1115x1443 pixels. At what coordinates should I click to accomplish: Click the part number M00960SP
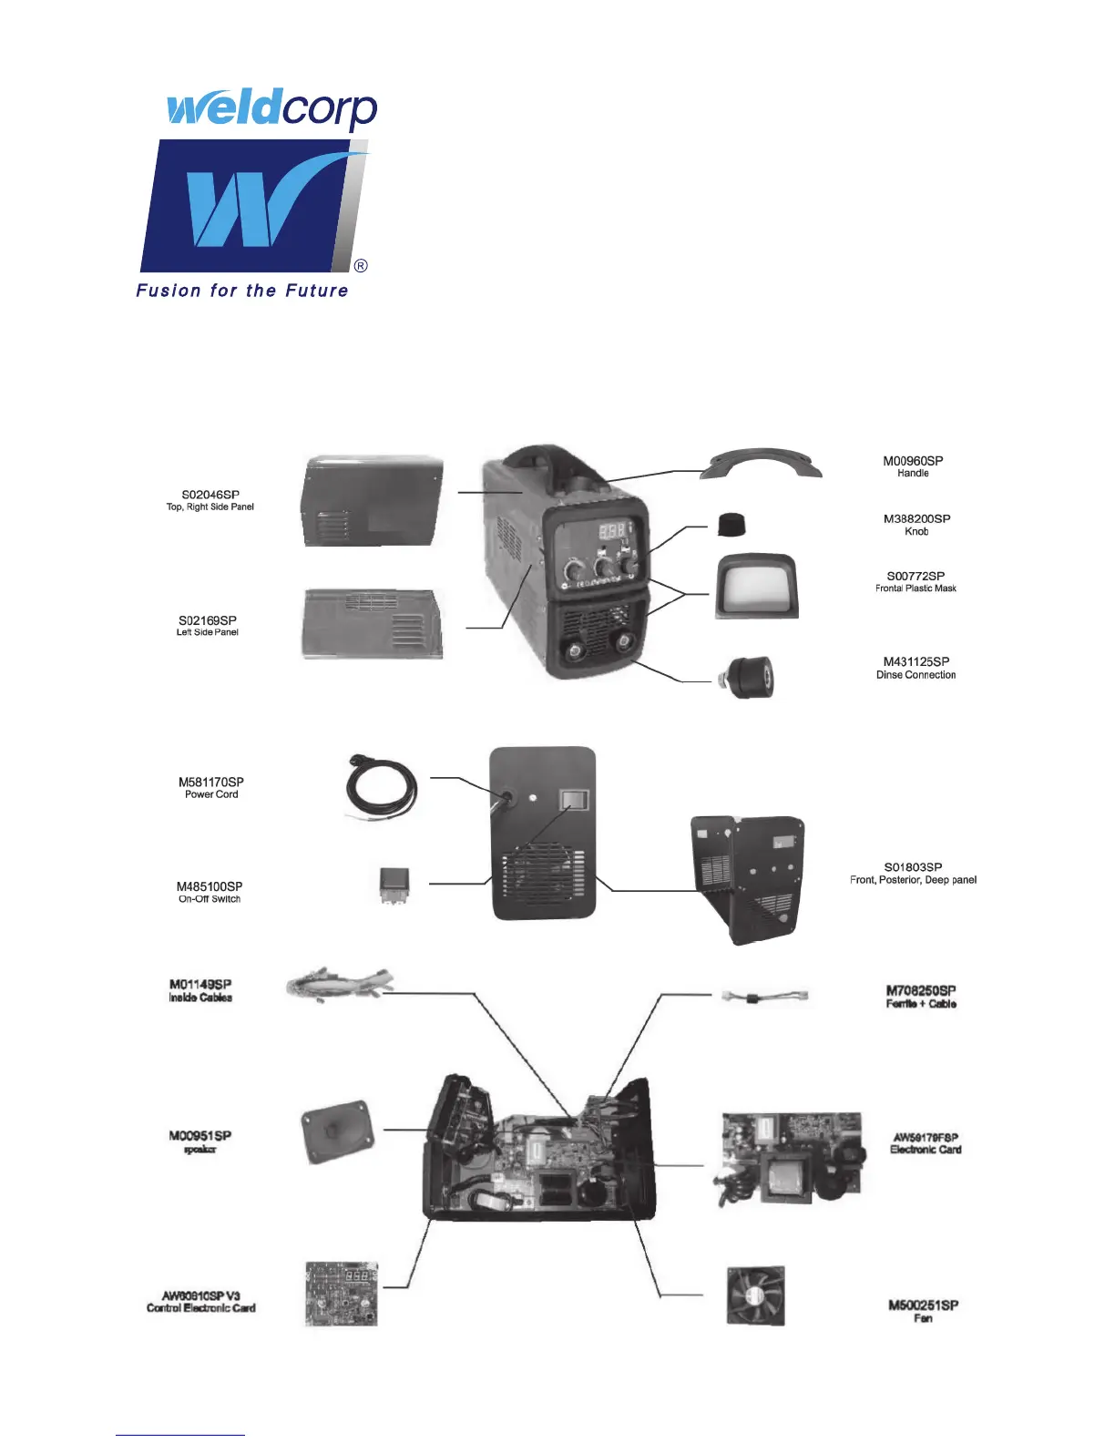coord(913,461)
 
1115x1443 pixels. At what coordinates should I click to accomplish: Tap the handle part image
coord(761,464)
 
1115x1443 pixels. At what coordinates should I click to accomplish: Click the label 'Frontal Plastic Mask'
coord(916,588)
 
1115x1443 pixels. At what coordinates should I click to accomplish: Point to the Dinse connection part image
coord(746,678)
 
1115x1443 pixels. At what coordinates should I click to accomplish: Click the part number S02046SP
coord(210,495)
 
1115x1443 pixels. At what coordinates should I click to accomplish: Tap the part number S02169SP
coord(208,620)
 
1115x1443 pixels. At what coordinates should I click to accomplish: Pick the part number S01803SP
coord(913,867)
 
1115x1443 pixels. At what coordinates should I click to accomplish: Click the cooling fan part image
coord(755,1295)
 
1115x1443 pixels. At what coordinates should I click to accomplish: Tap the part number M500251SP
coord(923,1305)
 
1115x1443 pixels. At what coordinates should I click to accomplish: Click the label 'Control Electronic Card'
coord(201,1308)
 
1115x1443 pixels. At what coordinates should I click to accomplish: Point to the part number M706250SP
coord(921,990)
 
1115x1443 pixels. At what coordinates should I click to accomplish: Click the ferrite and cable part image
coord(765,997)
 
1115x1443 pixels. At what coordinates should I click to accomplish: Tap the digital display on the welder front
coord(610,530)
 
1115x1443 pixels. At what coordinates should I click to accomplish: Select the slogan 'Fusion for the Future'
coord(242,291)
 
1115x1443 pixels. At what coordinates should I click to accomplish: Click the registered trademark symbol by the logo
coord(361,266)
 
